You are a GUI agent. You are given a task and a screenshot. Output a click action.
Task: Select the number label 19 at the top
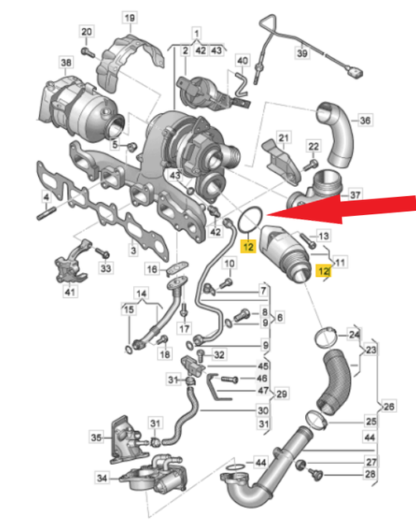(130, 17)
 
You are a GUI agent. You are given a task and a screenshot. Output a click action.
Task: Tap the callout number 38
(66, 62)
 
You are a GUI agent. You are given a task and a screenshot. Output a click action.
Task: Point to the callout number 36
(366, 120)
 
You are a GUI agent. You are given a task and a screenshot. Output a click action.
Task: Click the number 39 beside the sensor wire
(302, 53)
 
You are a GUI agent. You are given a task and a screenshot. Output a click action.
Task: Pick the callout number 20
(86, 32)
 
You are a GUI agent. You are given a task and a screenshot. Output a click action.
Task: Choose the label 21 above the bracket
(284, 137)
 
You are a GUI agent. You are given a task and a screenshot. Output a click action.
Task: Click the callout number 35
(96, 437)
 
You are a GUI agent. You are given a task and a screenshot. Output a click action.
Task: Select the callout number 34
(102, 478)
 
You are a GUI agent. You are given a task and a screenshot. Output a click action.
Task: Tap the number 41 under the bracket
(69, 292)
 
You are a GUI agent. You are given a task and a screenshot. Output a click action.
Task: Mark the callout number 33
(106, 268)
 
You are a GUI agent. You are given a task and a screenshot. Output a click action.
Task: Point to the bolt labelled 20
(88, 53)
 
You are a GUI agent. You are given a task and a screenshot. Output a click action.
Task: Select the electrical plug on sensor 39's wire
(355, 72)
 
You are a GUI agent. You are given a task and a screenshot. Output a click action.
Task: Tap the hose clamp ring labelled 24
(326, 338)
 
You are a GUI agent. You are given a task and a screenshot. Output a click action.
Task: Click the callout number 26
(389, 406)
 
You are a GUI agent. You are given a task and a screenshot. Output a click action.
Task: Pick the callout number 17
(184, 329)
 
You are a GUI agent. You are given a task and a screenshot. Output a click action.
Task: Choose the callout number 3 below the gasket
(133, 251)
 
